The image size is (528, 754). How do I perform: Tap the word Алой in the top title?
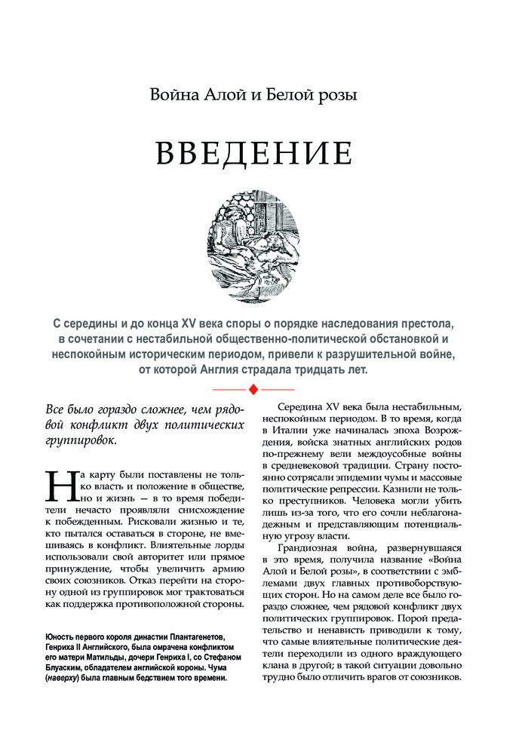pos(229,96)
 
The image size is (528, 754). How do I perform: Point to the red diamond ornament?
pos(254,388)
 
